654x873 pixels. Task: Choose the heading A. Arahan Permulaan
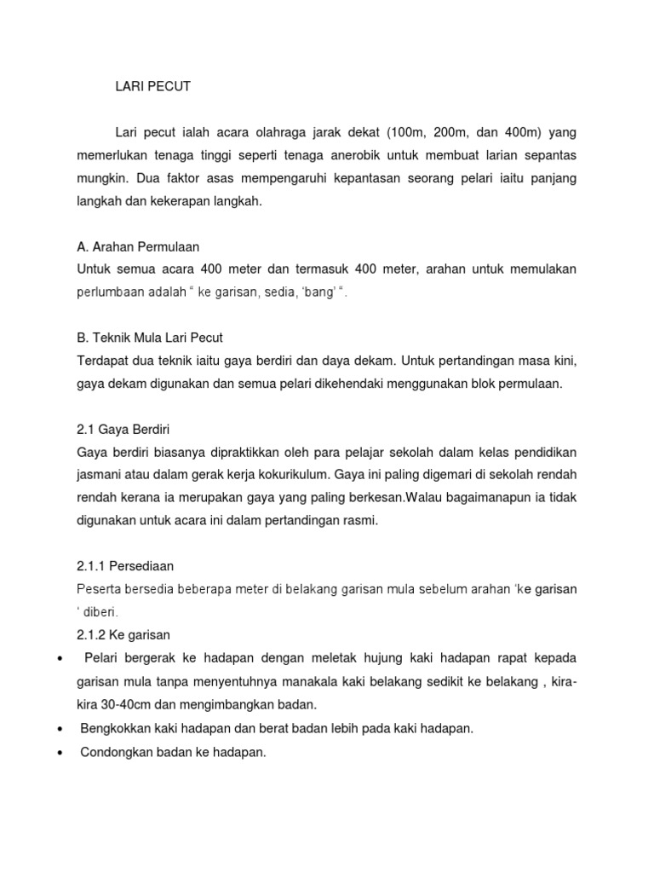(138, 246)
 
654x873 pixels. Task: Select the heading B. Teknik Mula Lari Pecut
(149, 338)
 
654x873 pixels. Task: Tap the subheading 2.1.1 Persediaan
(125, 566)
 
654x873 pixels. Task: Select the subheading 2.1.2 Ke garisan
(123, 635)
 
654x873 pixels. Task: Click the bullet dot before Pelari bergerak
(60, 659)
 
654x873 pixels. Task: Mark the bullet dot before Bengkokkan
(60, 729)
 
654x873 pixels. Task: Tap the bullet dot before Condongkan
(60, 752)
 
